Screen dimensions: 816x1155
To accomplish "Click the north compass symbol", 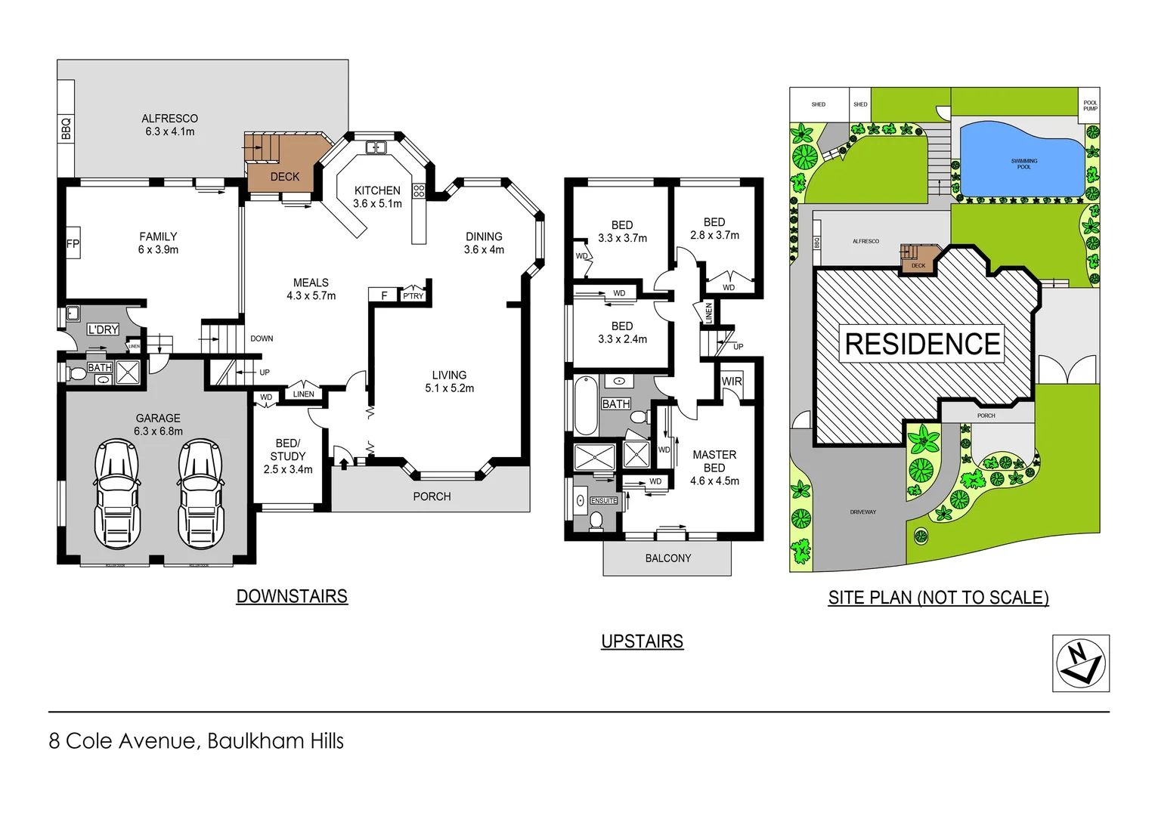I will click(x=1080, y=663).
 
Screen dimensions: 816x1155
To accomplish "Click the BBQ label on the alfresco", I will click(x=66, y=128).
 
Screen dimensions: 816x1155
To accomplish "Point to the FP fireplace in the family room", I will click(x=73, y=243).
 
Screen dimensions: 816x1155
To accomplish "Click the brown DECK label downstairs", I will click(x=285, y=177).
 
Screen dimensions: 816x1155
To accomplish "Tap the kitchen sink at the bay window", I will click(x=376, y=147).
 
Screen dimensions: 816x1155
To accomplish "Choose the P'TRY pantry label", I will click(x=413, y=295).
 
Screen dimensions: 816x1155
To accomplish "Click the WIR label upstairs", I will click(x=731, y=382).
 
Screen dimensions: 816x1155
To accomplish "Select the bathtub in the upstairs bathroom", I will click(x=586, y=406).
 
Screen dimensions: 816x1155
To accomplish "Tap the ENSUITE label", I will click(x=604, y=501).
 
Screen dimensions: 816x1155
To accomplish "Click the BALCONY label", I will click(x=667, y=558).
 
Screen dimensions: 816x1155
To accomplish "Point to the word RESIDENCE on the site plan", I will click(x=922, y=345).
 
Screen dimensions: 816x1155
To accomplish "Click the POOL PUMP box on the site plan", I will click(x=1089, y=105).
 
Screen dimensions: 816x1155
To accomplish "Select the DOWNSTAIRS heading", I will click(x=292, y=596).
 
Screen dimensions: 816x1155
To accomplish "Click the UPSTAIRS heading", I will click(x=642, y=641).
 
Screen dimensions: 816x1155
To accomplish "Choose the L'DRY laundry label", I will click(x=103, y=329).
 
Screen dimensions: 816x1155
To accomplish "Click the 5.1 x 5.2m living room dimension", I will click(x=449, y=388).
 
